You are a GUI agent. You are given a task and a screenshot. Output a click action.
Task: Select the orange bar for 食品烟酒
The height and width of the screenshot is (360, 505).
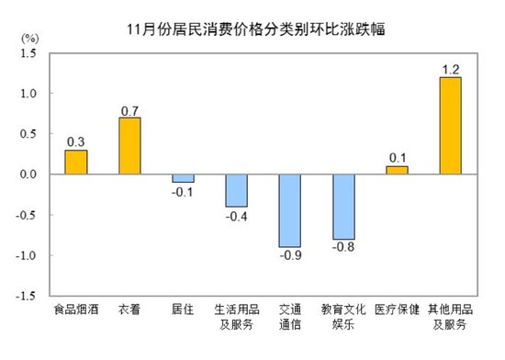pos(76,163)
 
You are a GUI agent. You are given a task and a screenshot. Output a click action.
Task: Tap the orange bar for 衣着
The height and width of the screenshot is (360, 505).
pos(129,146)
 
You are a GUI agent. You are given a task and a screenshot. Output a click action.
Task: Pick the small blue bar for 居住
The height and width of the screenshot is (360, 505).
pos(183,178)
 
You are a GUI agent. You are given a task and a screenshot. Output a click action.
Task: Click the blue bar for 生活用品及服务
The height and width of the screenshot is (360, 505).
pos(237,190)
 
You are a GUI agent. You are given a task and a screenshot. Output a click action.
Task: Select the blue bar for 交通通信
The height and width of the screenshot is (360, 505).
pos(290,210)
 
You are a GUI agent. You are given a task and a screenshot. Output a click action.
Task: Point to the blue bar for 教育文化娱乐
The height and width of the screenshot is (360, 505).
pos(343,207)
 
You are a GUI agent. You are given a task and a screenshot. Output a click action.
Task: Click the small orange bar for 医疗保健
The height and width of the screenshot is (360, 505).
pos(397,170)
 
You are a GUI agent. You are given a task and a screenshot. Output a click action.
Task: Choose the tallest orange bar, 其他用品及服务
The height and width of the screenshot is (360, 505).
pos(450,126)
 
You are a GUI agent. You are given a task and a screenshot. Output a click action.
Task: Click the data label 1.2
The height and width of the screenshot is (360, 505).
pos(450,68)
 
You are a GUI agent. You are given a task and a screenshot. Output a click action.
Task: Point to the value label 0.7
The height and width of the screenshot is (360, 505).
pos(129,109)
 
